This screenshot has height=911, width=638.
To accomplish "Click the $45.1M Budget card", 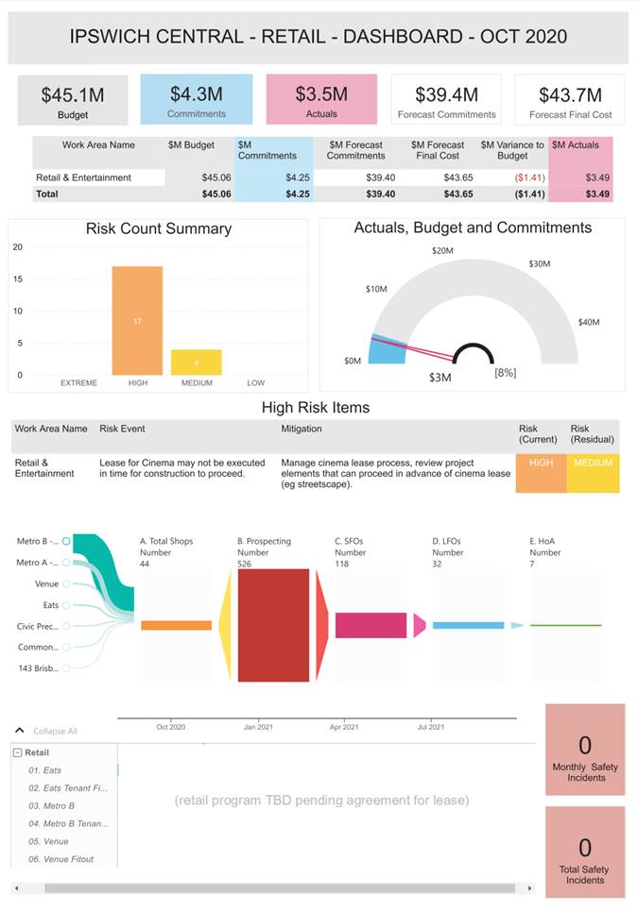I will tap(73, 100).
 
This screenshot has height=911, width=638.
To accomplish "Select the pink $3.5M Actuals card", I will tap(321, 100).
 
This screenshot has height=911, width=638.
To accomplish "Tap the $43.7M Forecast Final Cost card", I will tap(570, 100).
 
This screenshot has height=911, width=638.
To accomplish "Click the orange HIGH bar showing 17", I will tap(137, 321).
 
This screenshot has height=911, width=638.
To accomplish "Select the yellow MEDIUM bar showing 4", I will tap(197, 363).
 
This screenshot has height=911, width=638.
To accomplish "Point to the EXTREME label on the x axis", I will tap(78, 383).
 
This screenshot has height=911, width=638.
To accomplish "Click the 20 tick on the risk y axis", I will tap(18, 247).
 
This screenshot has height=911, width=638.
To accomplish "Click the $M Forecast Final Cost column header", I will tap(438, 150).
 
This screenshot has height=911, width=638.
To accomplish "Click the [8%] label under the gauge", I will tap(505, 373).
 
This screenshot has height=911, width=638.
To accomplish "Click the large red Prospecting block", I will tap(273, 625).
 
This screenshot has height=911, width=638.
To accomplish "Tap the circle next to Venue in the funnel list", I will tap(66, 583).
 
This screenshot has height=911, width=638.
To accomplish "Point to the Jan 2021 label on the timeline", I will tap(257, 727).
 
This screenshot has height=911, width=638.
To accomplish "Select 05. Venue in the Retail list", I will tap(48, 841).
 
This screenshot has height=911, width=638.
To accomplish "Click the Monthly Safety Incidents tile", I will tap(585, 755).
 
